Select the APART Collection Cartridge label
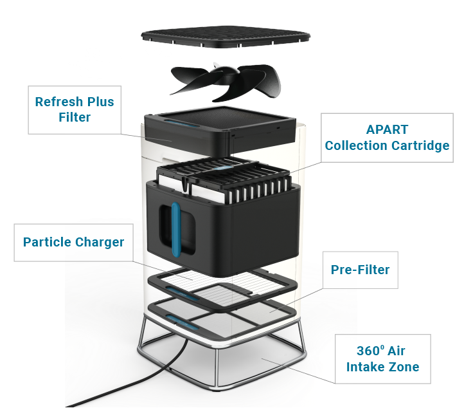pos(387,138)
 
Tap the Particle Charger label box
pos(73,243)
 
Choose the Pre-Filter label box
pos(360,270)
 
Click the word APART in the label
pos(387,129)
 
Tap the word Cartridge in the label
pos(418,145)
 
